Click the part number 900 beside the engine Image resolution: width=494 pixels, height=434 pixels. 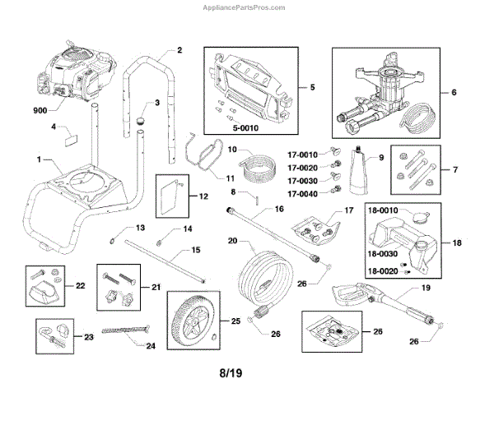(x=41, y=109)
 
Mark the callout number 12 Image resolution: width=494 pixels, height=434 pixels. (x=203, y=197)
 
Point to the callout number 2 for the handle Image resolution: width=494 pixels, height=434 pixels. (x=179, y=50)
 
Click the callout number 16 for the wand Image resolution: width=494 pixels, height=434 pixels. (x=280, y=210)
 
